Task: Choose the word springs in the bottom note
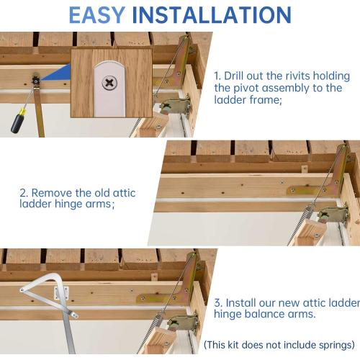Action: point(333,344)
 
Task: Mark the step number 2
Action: point(22,193)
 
